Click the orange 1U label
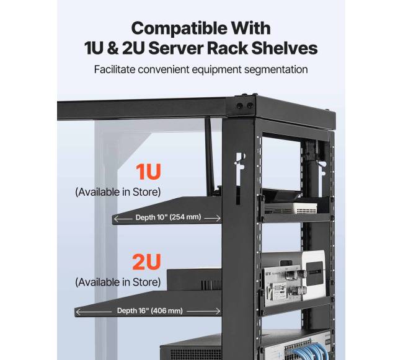pyautogui.click(x=148, y=171)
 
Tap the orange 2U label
pyautogui.click(x=146, y=261)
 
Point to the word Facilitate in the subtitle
pyautogui.click(x=114, y=69)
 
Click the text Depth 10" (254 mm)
pyautogui.click(x=168, y=217)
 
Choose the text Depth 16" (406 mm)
pyautogui.click(x=150, y=310)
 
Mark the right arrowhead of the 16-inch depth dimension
pyautogui.click(x=218, y=311)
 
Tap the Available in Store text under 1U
pyautogui.click(x=118, y=192)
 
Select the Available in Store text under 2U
pyautogui.click(x=118, y=282)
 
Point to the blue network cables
pyautogui.click(x=306, y=351)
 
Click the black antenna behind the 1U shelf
pyautogui.click(x=210, y=157)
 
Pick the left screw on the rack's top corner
pyautogui.click(x=239, y=105)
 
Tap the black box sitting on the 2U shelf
pyautogui.click(x=194, y=279)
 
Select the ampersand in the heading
pyautogui.click(x=113, y=48)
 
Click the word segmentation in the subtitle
pyautogui.click(x=276, y=70)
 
